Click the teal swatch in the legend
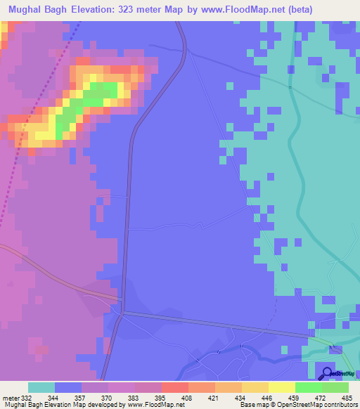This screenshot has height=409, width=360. coord(41,387)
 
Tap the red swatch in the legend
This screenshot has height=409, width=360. coord(175,387)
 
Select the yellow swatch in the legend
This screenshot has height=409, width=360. coord(281,387)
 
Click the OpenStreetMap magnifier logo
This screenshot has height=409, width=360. coord(327,373)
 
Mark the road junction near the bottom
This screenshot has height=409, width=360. coord(122,311)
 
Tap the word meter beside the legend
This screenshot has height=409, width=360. coord(10,398)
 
